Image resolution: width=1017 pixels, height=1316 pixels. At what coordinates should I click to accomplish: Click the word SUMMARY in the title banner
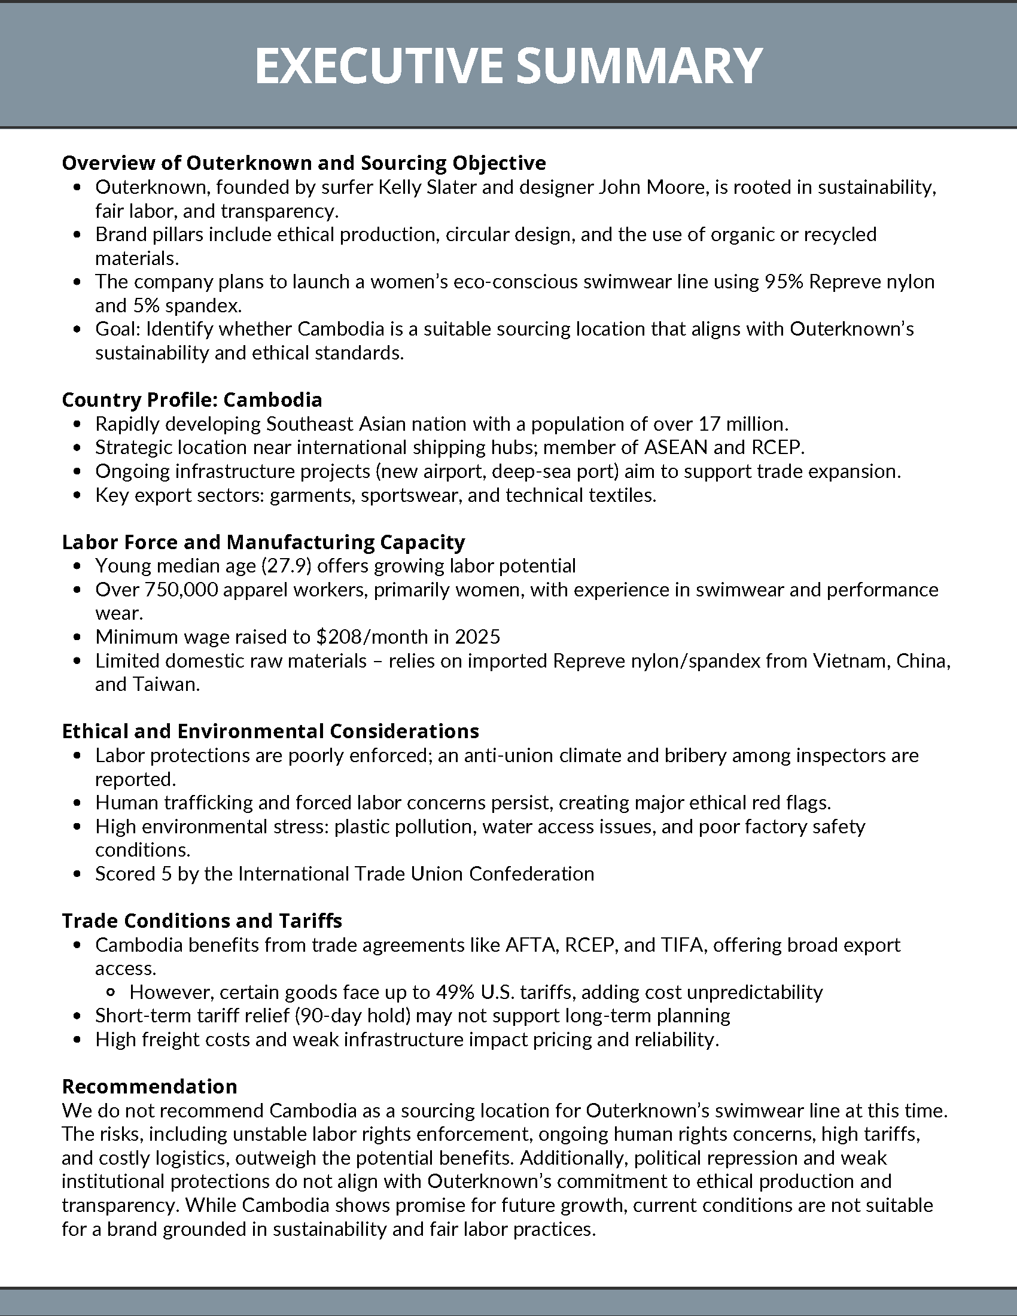tap(640, 66)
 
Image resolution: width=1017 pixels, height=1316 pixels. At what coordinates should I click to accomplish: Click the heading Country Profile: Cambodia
tap(191, 400)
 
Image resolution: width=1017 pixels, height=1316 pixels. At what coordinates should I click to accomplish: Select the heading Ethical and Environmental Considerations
tap(270, 731)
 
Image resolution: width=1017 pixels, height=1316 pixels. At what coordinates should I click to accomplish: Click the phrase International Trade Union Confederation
tap(416, 874)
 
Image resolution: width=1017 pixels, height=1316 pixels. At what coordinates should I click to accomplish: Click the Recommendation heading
tap(150, 1086)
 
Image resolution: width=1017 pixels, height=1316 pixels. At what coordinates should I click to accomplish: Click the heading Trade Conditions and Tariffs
tap(202, 921)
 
